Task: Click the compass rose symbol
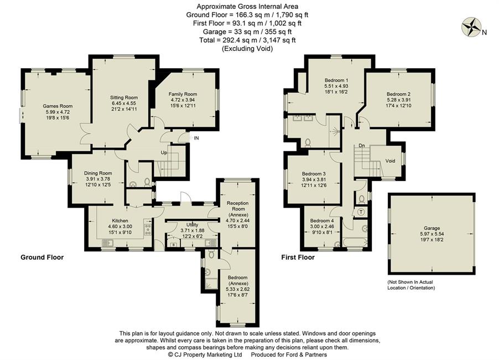click(471, 26)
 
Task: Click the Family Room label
click(183, 94)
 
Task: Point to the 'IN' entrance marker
click(195, 137)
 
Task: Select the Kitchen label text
click(119, 220)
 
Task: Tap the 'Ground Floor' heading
click(42, 258)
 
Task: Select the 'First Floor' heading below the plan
click(298, 258)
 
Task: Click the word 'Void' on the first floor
click(390, 161)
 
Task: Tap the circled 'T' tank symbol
click(361, 212)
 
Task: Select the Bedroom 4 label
click(322, 220)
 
